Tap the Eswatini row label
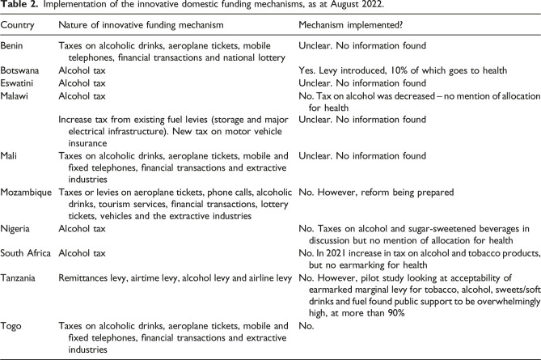(x=19, y=83)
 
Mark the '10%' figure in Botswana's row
(x=391, y=70)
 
